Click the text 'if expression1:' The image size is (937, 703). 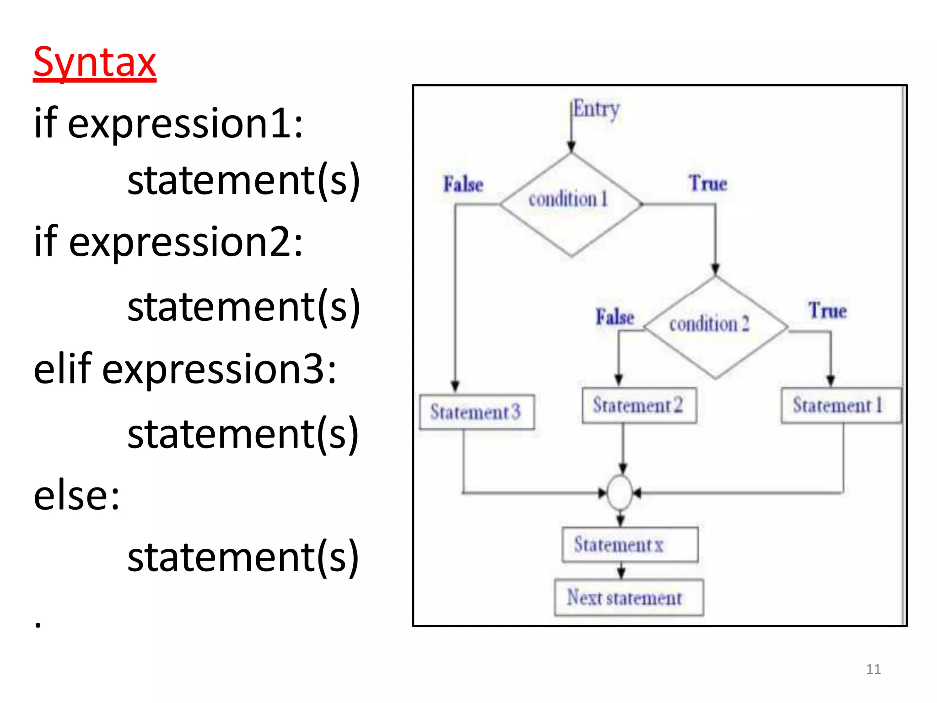pos(168,123)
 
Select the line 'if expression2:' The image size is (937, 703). pos(168,242)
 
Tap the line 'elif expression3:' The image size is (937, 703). pos(185,368)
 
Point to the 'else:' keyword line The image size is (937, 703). pos(77,496)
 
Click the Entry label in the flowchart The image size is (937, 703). pos(596,109)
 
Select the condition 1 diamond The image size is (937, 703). pos(571,204)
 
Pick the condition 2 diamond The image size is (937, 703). pos(715,327)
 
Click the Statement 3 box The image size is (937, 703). pos(477,412)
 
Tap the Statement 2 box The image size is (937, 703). pos(639,406)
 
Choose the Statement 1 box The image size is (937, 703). pos(840,406)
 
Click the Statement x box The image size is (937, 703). pos(630,545)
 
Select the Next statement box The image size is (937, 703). pos(629,598)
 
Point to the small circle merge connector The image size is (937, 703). pos(620,493)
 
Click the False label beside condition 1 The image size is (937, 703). pos(463,184)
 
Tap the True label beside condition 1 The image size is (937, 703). pos(708,184)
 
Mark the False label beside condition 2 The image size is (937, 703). pos(614,317)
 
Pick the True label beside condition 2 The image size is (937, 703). pos(827,311)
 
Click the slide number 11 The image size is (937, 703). pos(873,669)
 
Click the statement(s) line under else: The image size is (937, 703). pos(243,557)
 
